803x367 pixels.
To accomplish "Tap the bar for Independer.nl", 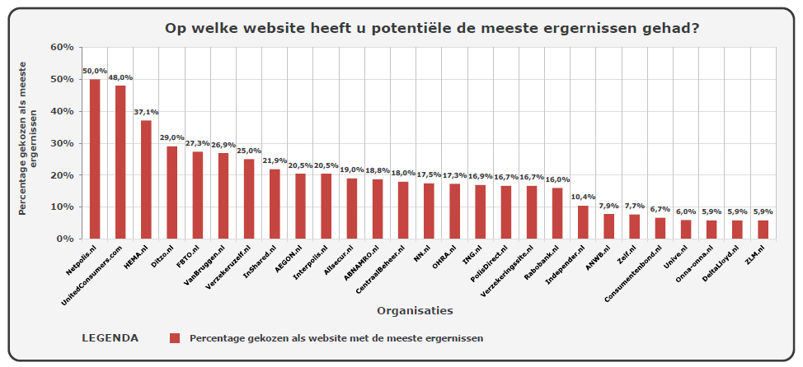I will (x=583, y=222).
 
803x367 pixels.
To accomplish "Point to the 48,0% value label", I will (x=120, y=77).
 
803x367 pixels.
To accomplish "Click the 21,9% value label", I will (x=275, y=160).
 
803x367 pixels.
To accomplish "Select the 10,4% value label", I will (x=583, y=197).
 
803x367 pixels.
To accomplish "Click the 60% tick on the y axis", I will (x=63, y=47).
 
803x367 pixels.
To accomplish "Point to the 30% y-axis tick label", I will (x=63, y=143).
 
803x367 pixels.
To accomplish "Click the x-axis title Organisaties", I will (x=414, y=310).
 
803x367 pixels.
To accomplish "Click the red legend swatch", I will (x=174, y=338).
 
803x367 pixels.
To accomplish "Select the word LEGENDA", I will (x=110, y=338).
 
